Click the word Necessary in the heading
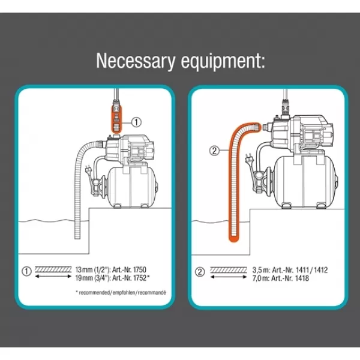tap(136, 61)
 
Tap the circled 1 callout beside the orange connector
tap(136, 122)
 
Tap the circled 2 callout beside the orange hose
tap(214, 151)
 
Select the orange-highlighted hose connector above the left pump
tap(117, 119)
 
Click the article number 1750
tap(139, 269)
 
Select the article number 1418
tap(302, 278)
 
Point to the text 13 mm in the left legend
tap(84, 269)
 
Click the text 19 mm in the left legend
tap(84, 278)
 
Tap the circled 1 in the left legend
tap(26, 271)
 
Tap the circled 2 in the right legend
tap(200, 272)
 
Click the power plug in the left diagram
tap(89, 170)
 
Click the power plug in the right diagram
tap(248, 158)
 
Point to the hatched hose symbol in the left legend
tap(53, 269)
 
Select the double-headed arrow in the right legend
tap(229, 277)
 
